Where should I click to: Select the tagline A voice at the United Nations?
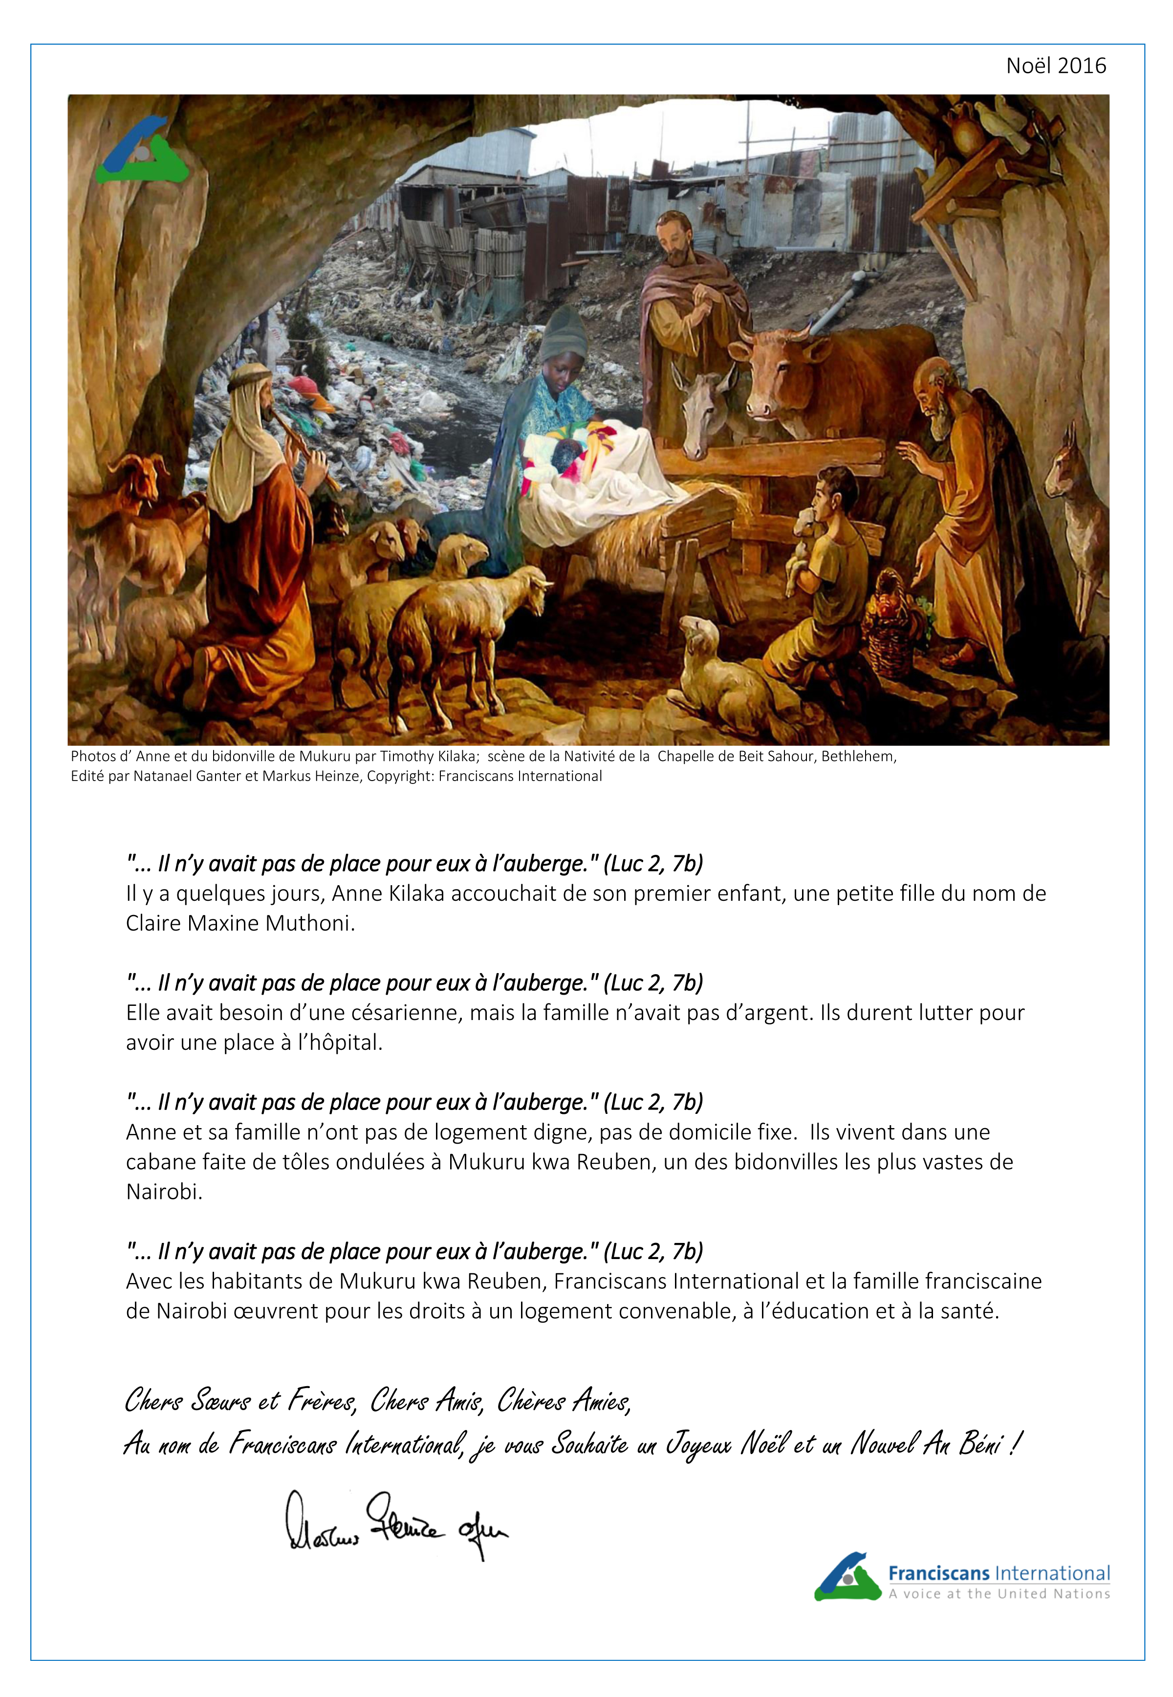999,1594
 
